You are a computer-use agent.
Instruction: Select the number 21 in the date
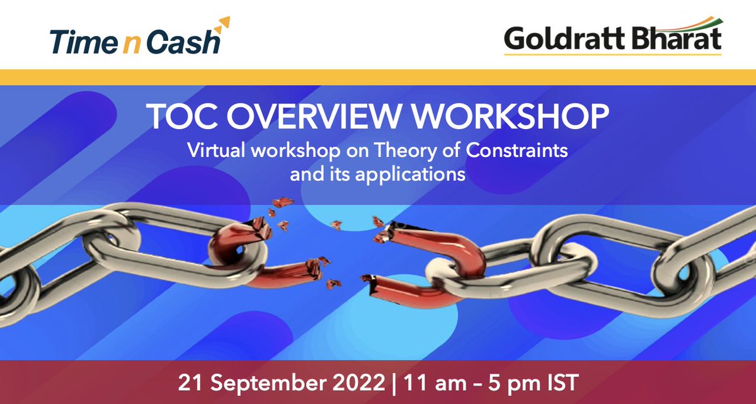pos(188,382)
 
